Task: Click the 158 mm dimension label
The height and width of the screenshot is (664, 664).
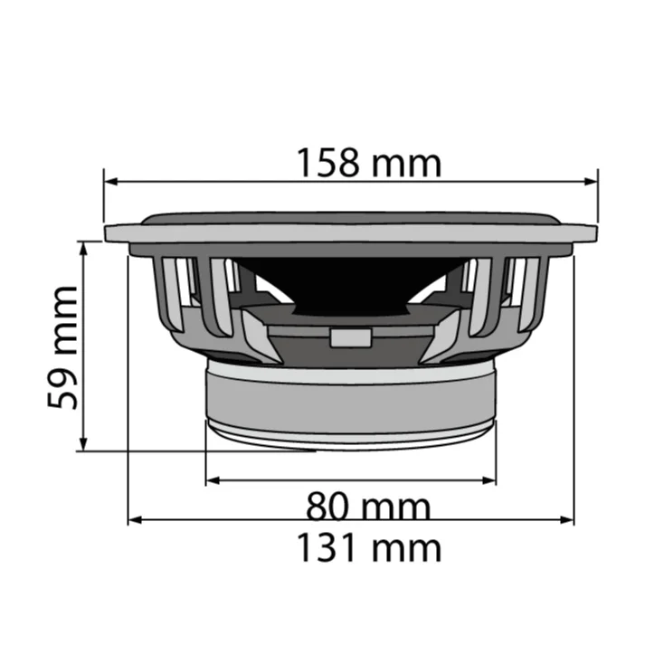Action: click(369, 164)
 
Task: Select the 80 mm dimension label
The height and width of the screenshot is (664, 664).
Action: click(367, 507)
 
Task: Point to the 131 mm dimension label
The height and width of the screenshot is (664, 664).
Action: click(369, 548)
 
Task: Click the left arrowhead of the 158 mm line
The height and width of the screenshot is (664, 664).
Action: click(110, 181)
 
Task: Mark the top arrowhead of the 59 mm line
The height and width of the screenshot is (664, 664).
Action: click(83, 248)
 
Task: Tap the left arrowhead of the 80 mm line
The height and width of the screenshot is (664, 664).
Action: click(213, 479)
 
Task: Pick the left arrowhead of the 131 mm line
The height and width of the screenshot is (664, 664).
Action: click(135, 520)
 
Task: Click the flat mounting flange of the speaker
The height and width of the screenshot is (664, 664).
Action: click(351, 233)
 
